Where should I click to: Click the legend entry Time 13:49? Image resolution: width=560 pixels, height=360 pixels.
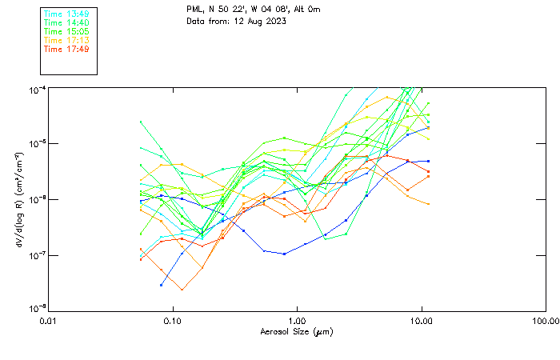pos(66,14)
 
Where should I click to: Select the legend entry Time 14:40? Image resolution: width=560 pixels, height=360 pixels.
pos(66,22)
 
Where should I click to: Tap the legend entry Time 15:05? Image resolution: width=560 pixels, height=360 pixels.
pos(66,31)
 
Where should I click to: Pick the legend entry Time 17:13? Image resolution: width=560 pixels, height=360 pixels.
pos(66,40)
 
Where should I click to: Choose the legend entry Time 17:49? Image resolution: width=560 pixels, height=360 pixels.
pos(66,49)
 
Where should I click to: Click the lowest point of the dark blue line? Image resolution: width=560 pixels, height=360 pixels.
pos(162,285)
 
